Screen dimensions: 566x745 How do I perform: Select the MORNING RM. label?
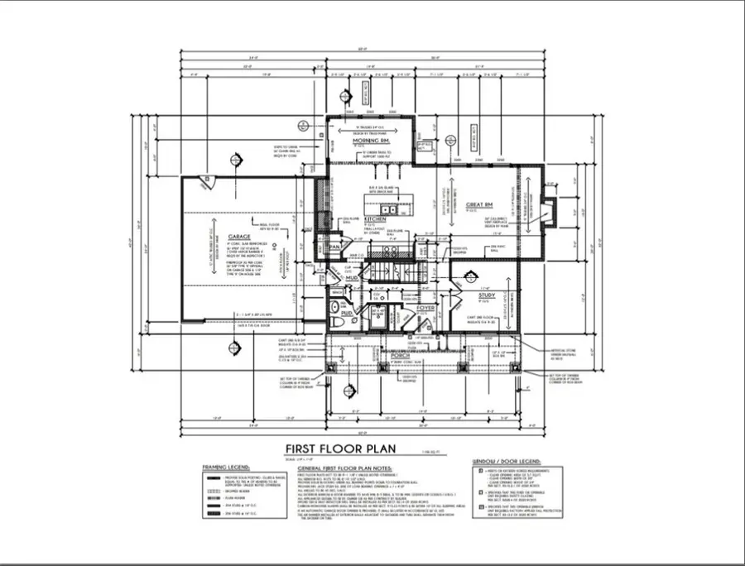click(x=371, y=141)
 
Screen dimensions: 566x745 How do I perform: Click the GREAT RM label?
click(x=479, y=204)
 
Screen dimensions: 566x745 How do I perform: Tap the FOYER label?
click(x=425, y=307)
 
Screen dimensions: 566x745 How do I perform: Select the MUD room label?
click(x=352, y=280)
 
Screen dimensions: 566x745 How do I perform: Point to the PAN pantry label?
click(x=335, y=247)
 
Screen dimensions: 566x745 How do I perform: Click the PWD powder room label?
click(x=348, y=314)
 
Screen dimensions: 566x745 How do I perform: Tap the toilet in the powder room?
click(x=333, y=311)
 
